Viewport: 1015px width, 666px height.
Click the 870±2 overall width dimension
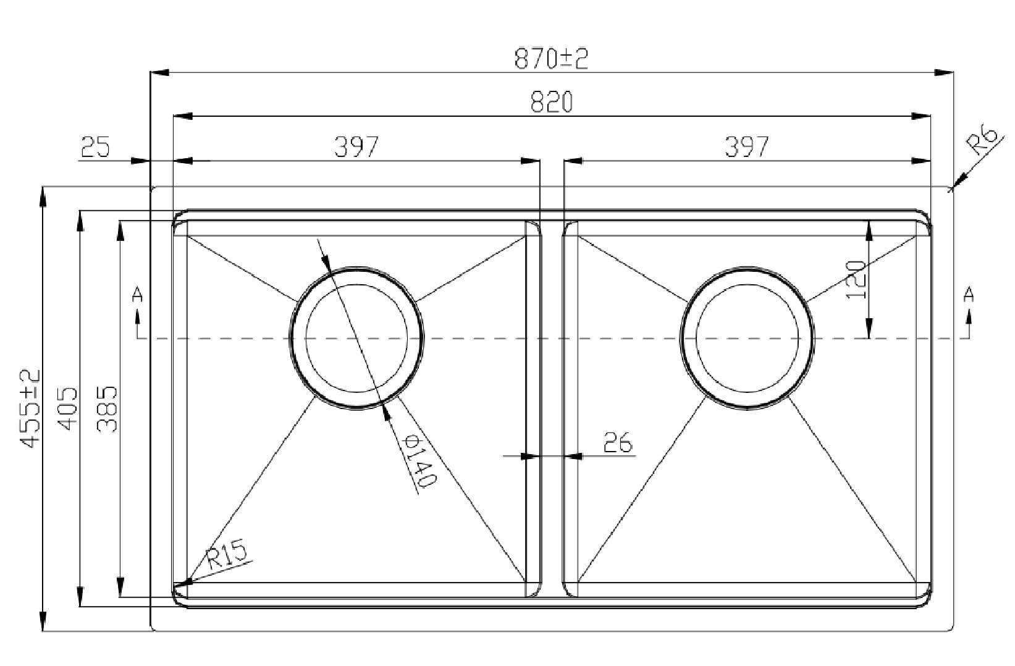(551, 59)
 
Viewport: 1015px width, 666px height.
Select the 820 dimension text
(552, 103)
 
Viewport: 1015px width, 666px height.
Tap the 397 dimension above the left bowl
(356, 147)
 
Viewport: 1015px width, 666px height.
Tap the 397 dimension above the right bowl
(747, 147)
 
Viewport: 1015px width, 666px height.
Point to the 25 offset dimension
(95, 148)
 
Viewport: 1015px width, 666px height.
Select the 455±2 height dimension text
(30, 408)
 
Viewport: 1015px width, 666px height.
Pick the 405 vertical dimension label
(68, 408)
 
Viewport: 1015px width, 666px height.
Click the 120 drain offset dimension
(855, 279)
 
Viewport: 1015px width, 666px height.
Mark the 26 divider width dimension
(618, 442)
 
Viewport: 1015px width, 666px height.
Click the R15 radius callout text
(226, 554)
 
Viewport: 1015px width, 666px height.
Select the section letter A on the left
(137, 295)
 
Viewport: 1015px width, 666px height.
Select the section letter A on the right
(968, 295)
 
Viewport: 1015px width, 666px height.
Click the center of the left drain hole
(357, 338)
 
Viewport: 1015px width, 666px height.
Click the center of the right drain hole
(747, 338)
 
